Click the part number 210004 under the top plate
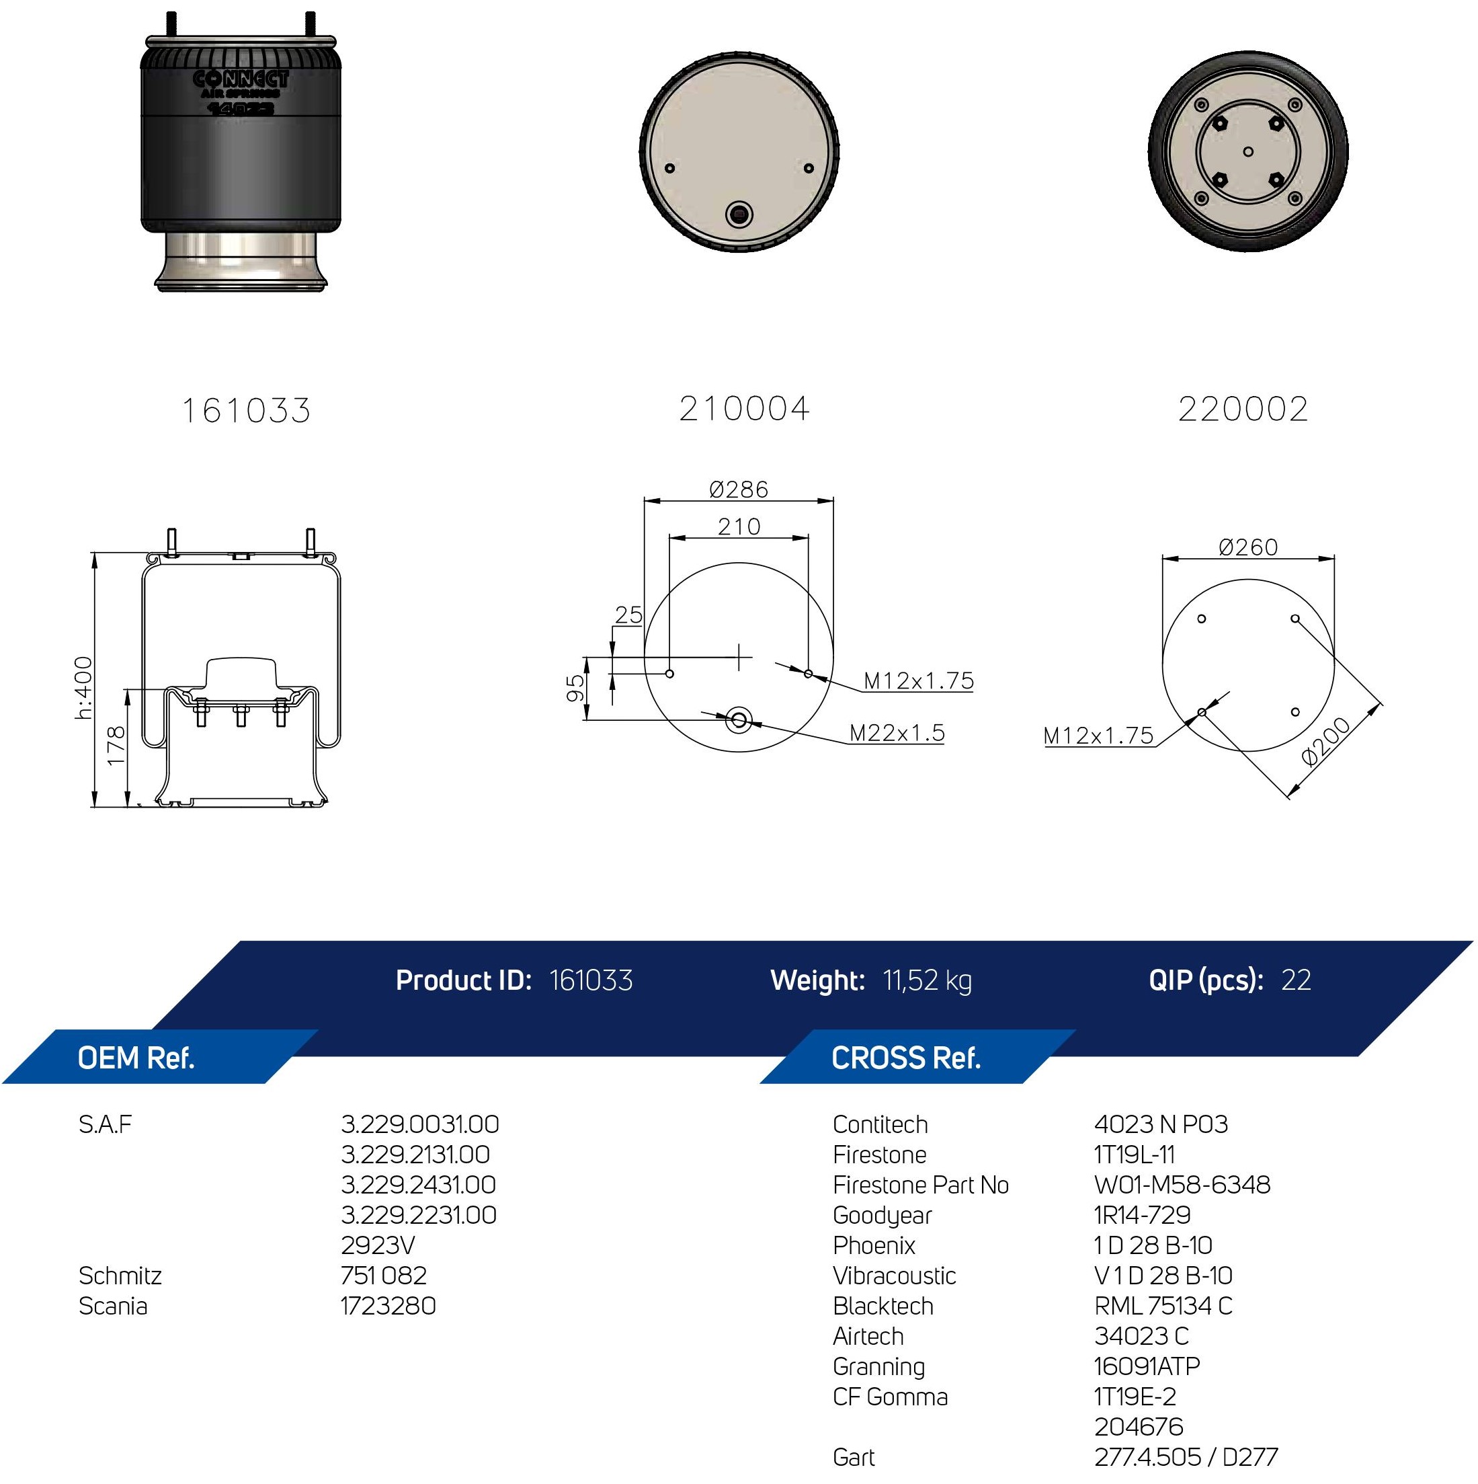[744, 409]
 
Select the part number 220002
[1243, 409]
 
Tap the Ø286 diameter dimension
[739, 490]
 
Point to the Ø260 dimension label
[1247, 547]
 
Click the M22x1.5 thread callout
[897, 733]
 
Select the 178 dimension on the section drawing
[116, 746]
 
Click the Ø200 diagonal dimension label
[1326, 741]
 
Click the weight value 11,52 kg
[927, 981]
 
